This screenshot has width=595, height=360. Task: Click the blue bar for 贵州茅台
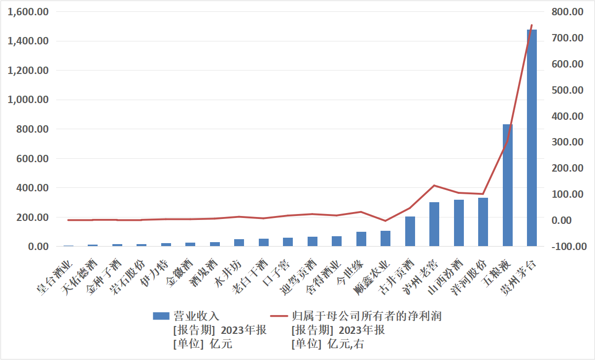coord(531,138)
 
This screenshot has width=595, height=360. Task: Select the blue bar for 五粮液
coord(507,185)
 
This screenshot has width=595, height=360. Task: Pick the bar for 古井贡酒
coord(410,231)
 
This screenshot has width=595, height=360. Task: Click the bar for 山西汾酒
coord(459,223)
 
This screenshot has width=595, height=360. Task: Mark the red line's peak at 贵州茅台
coord(531,25)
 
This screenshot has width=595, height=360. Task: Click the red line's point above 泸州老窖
coord(434,185)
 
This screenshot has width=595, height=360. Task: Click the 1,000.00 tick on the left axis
coord(29,100)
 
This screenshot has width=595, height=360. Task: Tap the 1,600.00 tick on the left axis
coord(29,11)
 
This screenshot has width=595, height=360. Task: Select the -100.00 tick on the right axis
coord(566,247)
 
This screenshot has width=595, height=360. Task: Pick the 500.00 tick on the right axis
coord(567,90)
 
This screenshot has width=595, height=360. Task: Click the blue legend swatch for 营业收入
coord(161,316)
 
